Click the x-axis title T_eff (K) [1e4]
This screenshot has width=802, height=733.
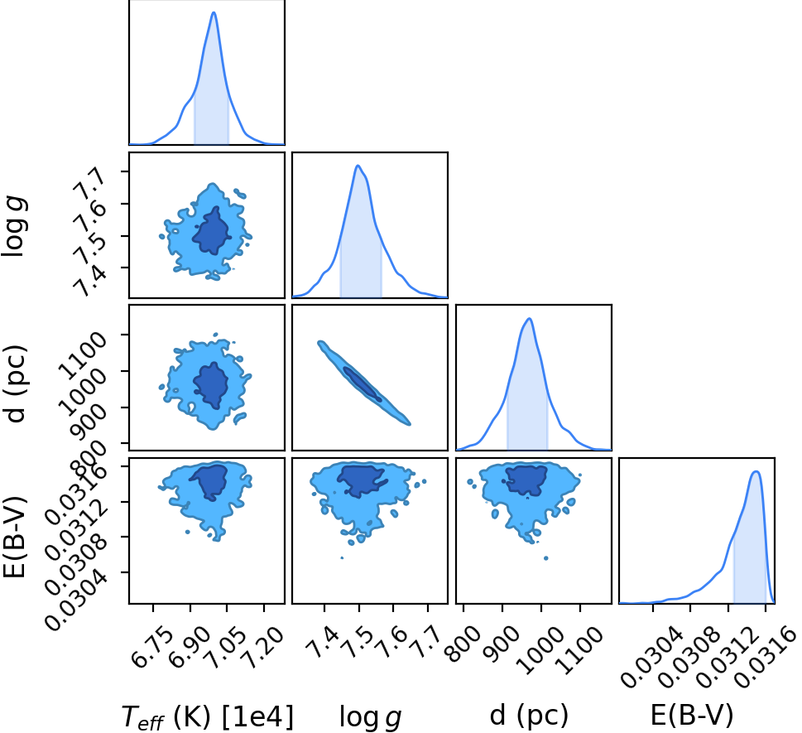[x=208, y=716]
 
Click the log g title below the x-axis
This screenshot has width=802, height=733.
[x=370, y=716]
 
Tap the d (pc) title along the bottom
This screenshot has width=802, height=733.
[x=529, y=715]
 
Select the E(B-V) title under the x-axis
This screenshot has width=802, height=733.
[x=692, y=715]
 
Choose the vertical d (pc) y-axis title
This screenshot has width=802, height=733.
[x=16, y=384]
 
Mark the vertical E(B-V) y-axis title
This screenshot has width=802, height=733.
[x=14, y=537]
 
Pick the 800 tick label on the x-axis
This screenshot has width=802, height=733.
[x=463, y=644]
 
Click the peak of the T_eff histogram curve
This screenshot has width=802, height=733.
[x=214, y=12]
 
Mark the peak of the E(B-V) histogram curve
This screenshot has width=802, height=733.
[x=756, y=471]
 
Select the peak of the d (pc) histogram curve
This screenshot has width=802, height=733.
[x=530, y=318]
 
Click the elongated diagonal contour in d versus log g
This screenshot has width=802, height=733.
[x=364, y=383]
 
